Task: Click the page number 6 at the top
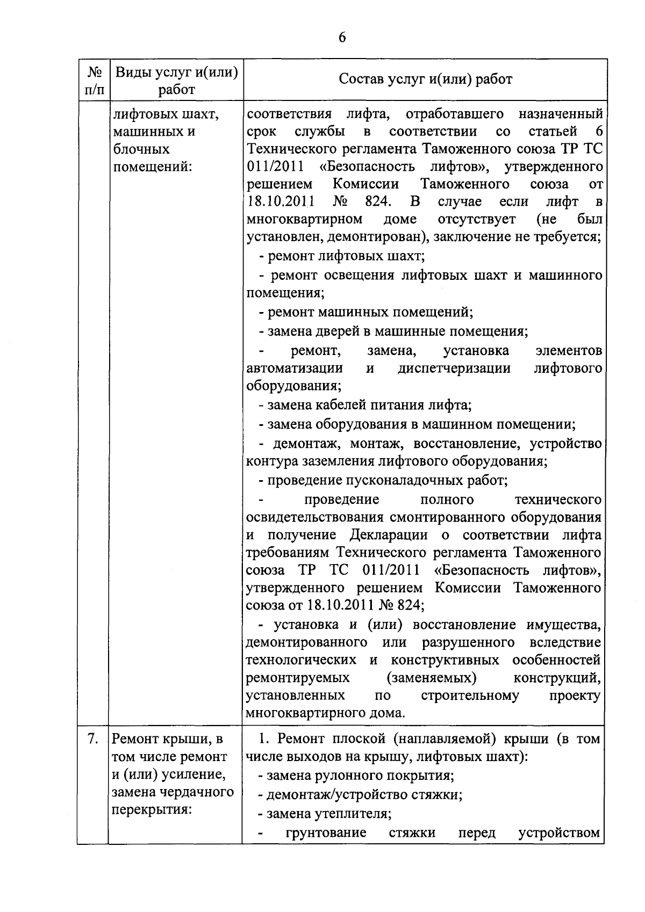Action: (x=342, y=38)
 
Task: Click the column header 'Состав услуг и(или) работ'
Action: (x=425, y=79)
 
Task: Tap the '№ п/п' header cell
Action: (x=94, y=80)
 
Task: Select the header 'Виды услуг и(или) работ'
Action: (x=177, y=80)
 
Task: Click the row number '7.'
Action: (x=93, y=739)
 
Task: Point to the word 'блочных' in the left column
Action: (x=142, y=149)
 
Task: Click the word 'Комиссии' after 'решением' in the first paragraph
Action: (x=365, y=184)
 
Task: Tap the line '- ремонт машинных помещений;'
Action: (x=365, y=312)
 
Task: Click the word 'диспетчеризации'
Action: (x=454, y=368)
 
